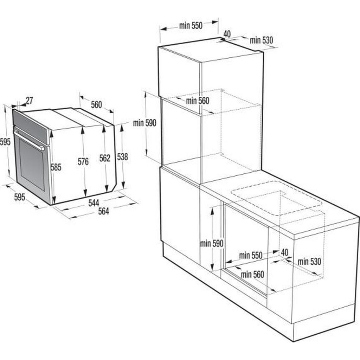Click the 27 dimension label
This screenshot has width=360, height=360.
(x=29, y=101)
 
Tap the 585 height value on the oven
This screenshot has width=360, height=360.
(x=56, y=167)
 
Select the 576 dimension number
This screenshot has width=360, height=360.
(x=83, y=162)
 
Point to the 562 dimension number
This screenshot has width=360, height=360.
(x=105, y=158)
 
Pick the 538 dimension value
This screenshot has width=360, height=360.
(x=122, y=157)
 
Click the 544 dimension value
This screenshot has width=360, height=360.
(x=94, y=202)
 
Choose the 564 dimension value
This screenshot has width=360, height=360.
(x=103, y=211)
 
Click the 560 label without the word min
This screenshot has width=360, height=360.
(x=96, y=104)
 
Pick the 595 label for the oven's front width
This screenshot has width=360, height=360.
(x=20, y=197)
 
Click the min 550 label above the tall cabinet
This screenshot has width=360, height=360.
(x=191, y=25)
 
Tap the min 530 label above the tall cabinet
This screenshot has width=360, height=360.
(x=261, y=40)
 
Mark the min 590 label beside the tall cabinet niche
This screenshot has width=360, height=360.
(x=144, y=123)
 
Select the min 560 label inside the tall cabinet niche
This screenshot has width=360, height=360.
(x=198, y=101)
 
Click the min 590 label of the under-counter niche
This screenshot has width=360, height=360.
(x=211, y=243)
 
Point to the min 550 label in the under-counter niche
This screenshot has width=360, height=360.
(x=251, y=255)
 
